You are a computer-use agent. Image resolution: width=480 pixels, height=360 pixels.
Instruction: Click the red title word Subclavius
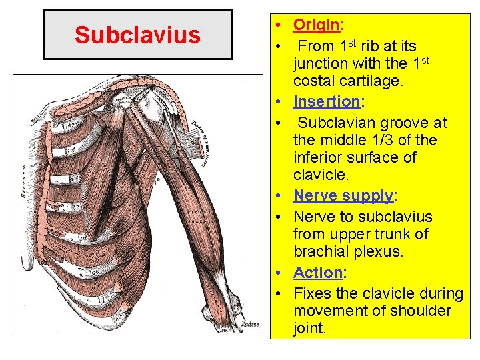[x=137, y=35]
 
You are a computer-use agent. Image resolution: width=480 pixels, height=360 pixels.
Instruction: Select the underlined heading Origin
[x=317, y=25]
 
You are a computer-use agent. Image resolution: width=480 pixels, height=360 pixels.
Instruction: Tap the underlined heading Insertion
[x=326, y=101]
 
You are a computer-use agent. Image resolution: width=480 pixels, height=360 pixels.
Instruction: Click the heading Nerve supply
[x=343, y=196]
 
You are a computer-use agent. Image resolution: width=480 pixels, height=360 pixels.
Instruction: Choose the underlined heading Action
[x=317, y=273]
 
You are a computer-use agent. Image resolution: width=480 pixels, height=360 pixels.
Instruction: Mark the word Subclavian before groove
[x=336, y=123]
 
